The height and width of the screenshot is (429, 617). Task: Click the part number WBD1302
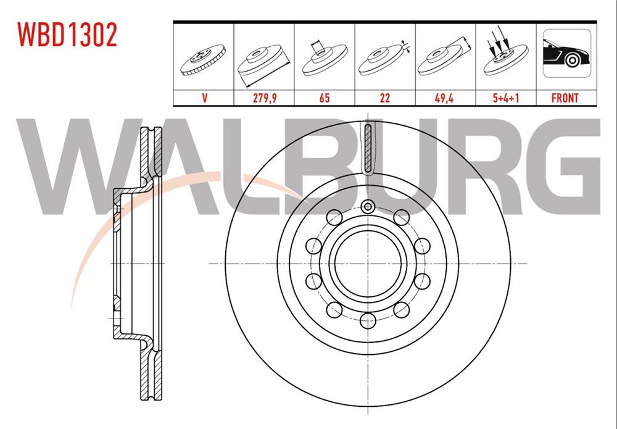(67, 35)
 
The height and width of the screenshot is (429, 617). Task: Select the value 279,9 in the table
(264, 98)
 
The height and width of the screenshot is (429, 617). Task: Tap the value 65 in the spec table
(325, 98)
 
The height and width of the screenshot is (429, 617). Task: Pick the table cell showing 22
(385, 98)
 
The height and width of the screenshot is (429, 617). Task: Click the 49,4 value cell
(445, 98)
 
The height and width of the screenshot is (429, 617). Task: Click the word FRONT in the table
(565, 98)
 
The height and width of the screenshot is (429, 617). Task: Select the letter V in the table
(204, 98)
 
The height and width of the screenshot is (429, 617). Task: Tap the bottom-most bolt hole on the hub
(367, 319)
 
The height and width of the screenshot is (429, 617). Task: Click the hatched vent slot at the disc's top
(367, 148)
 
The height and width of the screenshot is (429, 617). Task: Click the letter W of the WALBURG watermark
(80, 167)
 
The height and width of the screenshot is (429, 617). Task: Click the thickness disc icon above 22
(385, 59)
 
